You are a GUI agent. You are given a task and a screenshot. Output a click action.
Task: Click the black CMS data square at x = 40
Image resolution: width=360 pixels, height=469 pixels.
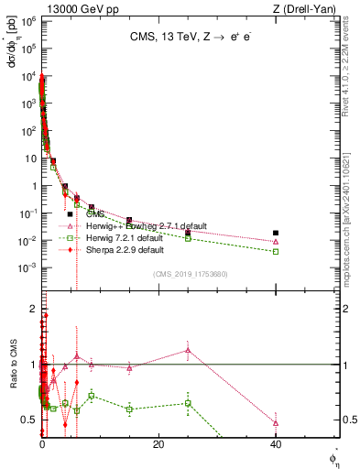coord(276,233)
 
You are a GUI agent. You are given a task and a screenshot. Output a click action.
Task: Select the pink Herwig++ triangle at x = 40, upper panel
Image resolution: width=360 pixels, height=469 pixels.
coord(276,242)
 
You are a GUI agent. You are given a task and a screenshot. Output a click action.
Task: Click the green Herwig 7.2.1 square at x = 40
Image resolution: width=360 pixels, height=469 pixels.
coord(276,251)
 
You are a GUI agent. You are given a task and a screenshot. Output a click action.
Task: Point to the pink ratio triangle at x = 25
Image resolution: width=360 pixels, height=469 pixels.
coord(188,350)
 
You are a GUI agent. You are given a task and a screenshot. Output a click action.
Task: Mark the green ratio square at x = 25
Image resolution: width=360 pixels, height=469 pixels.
coord(188,403)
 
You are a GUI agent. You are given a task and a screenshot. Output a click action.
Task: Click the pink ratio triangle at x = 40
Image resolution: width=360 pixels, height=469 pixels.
coord(276,423)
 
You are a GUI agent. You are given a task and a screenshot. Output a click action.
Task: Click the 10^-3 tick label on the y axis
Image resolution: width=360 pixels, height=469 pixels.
coord(27,267)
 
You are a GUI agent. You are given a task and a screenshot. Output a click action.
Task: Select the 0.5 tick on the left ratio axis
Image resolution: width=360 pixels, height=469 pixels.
coord(29,420)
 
